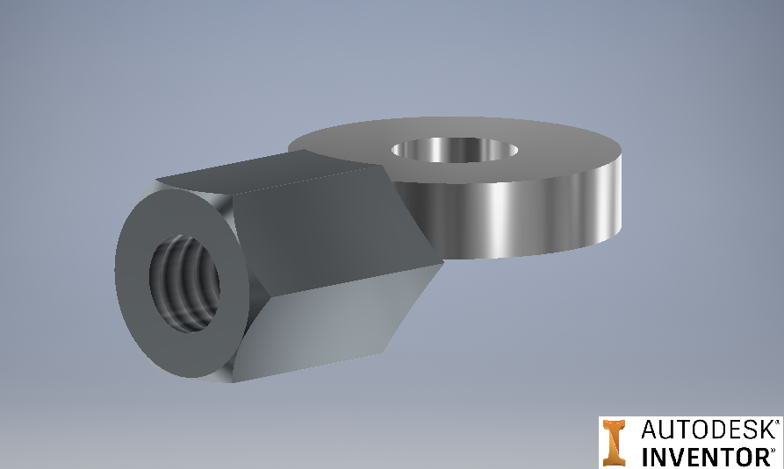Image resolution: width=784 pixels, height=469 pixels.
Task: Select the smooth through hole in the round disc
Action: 454,150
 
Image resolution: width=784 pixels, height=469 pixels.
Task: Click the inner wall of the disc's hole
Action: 439,151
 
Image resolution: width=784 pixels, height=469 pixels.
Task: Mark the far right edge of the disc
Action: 622,193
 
